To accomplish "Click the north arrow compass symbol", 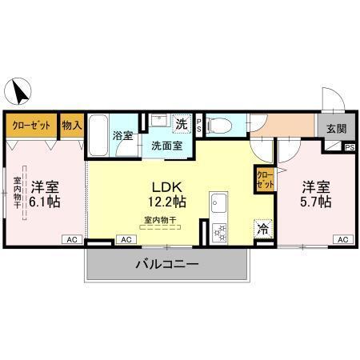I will pyautogui.click(x=19, y=90).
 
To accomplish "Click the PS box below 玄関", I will pyautogui.click(x=350, y=147).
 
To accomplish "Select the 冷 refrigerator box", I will pyautogui.click(x=262, y=228).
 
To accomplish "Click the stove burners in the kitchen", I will pyautogui.click(x=218, y=231).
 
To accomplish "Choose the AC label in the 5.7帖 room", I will pyautogui.click(x=342, y=239).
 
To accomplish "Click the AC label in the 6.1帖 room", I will pyautogui.click(x=70, y=239).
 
